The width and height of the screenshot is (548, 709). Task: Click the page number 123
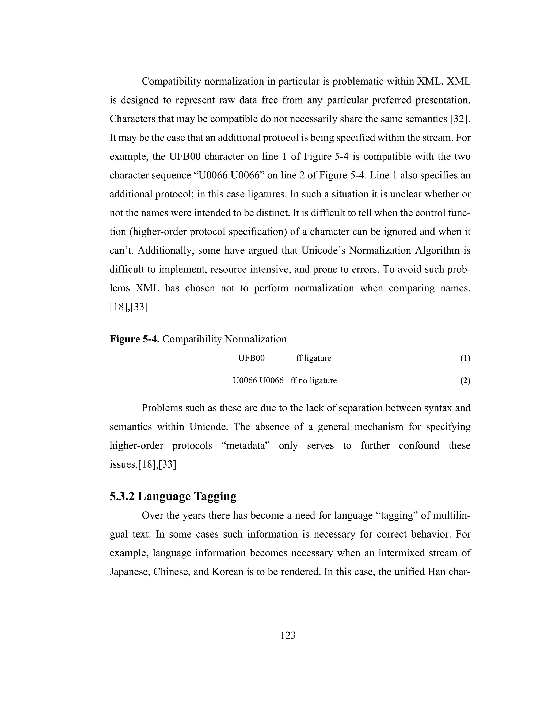pos(288,635)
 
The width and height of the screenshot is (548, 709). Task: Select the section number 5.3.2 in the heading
pos(122,496)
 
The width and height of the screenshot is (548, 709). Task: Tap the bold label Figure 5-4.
pos(134,339)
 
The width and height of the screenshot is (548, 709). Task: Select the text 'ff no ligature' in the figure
pos(314,380)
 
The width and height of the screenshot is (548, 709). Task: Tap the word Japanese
pos(129,572)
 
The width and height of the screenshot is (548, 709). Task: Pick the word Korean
pos(228,572)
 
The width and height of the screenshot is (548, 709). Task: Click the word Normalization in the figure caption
pos(256,339)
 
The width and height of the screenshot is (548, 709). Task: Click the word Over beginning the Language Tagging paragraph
pos(153,516)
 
